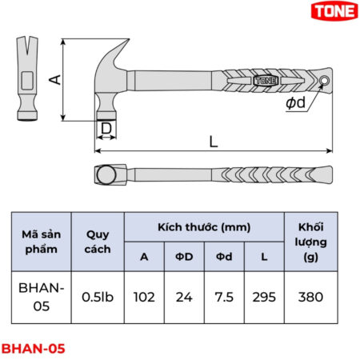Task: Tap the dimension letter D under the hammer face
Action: point(106,128)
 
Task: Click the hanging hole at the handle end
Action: point(325,82)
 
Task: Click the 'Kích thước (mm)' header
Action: point(204,226)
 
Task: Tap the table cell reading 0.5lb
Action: point(98,297)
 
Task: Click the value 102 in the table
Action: point(144,297)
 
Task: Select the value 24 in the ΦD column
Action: point(184,297)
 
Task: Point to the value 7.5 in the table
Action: point(224,297)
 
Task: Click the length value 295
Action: point(264,297)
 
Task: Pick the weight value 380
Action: point(310,297)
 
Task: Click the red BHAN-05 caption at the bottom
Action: point(33,349)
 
